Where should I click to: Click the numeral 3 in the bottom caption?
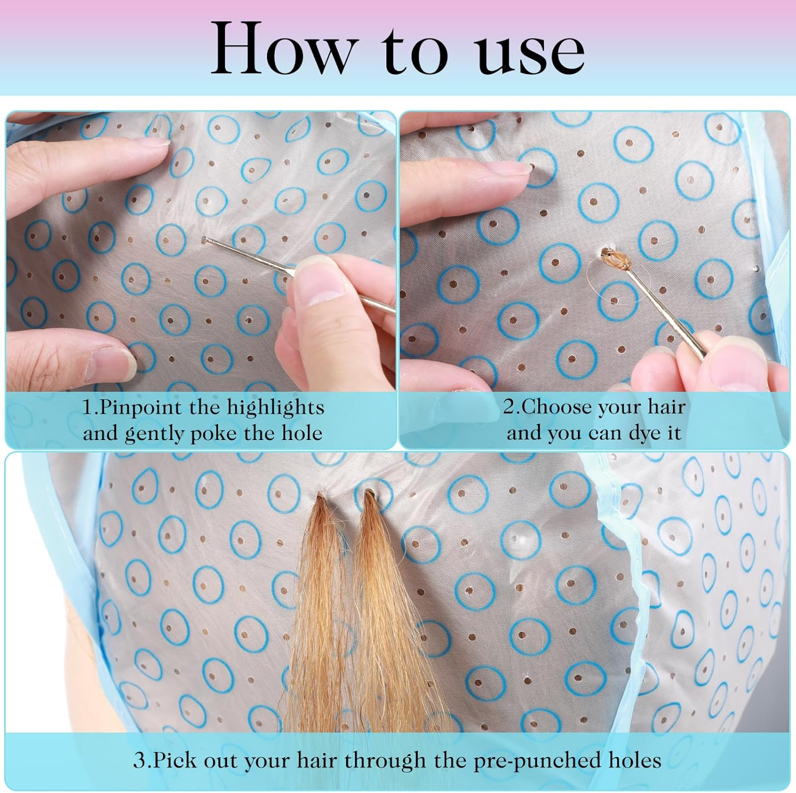[139, 760]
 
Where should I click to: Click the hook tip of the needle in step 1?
[204, 240]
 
